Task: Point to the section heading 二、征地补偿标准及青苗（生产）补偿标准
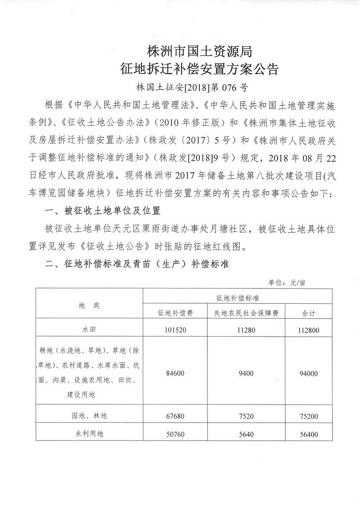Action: click(137, 265)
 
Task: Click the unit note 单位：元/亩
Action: click(287, 283)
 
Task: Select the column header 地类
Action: click(89, 305)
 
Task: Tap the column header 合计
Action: click(308, 313)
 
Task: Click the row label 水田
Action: click(89, 329)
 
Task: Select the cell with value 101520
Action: click(175, 329)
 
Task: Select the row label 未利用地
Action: click(89, 434)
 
